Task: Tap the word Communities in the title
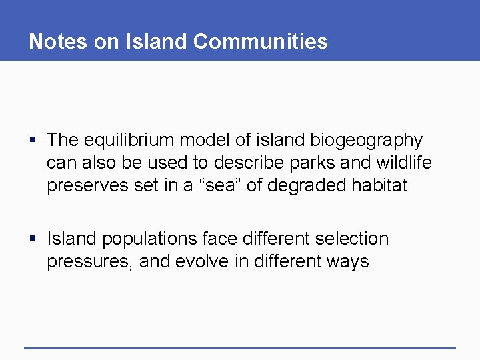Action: coord(261,41)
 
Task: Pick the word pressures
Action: coord(90,261)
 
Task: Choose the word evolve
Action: coord(201,261)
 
